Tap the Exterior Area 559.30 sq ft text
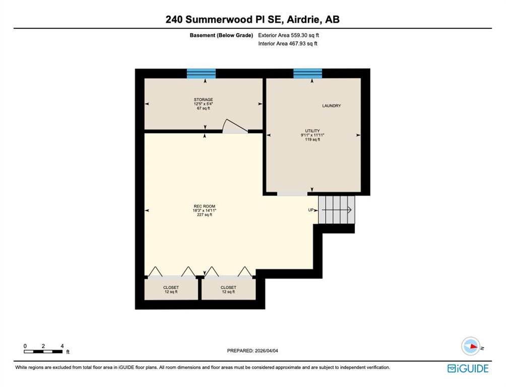tap(288, 35)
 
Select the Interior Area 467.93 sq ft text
tap(288, 43)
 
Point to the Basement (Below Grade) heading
tap(221, 35)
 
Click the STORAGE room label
tap(203, 99)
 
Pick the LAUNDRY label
tap(332, 105)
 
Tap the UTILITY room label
tap(312, 131)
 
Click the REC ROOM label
tap(204, 206)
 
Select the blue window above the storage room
tap(202, 74)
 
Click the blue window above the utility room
tap(307, 74)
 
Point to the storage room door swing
tap(235, 126)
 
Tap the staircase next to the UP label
tap(337, 210)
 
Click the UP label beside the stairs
tap(311, 210)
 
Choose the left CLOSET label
tap(171, 287)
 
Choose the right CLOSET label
tap(228, 287)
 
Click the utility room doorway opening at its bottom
tap(292, 193)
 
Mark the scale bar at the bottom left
tap(43, 352)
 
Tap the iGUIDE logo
tap(468, 368)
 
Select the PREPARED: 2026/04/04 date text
tap(252, 351)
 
